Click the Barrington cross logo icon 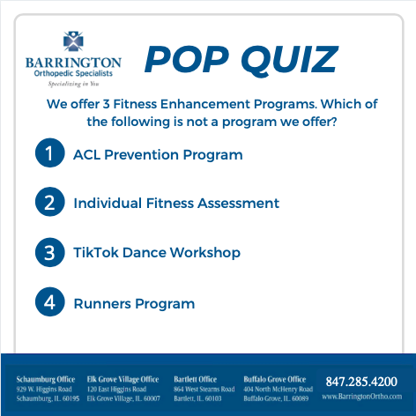tap(73, 41)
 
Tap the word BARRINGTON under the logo tap(73, 62)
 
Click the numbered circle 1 tap(48, 154)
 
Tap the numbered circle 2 tap(48, 203)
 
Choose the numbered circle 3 tap(48, 253)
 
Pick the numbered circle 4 tap(48, 303)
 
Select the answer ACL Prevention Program tap(158, 155)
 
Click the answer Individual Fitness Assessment tap(176, 204)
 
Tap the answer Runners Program tap(134, 304)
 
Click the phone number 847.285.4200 tap(361, 382)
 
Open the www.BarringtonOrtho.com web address tap(361, 397)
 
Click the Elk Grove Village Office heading tap(123, 379)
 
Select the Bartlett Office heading tap(195, 379)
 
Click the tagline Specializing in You tap(73, 83)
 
